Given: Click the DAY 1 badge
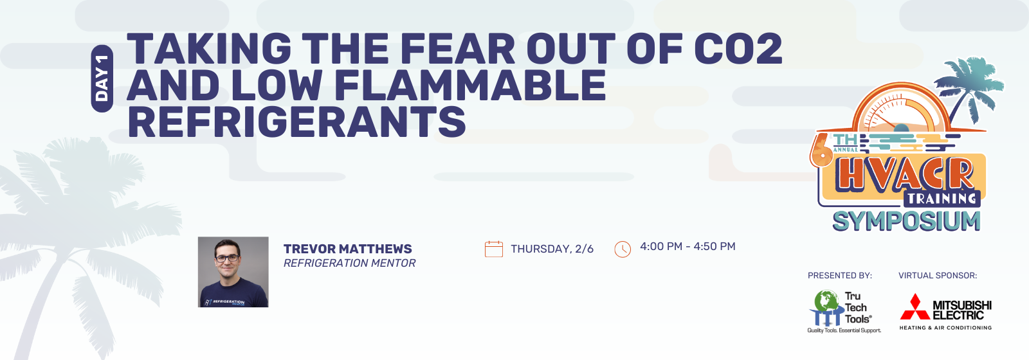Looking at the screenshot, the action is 102,78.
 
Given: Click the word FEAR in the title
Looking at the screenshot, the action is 458,48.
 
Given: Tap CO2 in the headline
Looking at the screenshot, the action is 738,48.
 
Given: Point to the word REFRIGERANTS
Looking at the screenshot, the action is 296,122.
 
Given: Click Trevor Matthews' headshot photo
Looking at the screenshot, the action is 233,272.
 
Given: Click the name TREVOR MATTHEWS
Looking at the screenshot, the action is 348,249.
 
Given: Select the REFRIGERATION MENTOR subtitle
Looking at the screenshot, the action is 350,263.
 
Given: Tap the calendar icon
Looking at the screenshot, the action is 494,249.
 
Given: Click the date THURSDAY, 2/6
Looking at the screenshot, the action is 552,249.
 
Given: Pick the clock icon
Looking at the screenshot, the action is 623,249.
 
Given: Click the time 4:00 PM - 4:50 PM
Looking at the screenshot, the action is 688,247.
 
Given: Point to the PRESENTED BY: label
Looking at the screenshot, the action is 840,276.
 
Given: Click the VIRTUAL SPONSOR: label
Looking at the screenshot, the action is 938,276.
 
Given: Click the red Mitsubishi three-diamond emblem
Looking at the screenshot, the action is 915,308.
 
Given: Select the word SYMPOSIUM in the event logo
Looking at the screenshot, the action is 906,221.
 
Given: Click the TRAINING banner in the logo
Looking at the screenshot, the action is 942,199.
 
